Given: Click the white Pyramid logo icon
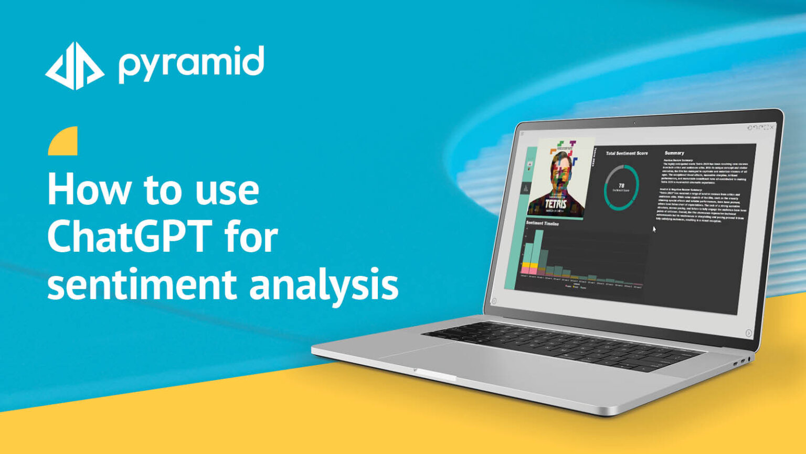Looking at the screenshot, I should coord(74,66).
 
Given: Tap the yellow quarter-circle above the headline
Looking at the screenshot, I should coord(63,141).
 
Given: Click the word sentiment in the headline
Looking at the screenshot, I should coord(142,285).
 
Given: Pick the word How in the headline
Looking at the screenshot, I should coord(89,189).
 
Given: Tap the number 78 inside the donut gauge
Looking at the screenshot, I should coord(621,185).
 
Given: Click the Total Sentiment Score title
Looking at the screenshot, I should coord(627,153).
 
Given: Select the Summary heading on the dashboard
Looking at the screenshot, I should coord(674,153).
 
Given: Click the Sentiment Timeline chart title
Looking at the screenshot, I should coord(542,223).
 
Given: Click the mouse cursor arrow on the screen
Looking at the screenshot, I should coord(654,229).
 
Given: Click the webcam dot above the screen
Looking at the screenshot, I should coord(634,123).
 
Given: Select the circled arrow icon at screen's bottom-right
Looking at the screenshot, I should coord(748,333).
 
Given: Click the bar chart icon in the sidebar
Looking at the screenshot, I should coord(526,188).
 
